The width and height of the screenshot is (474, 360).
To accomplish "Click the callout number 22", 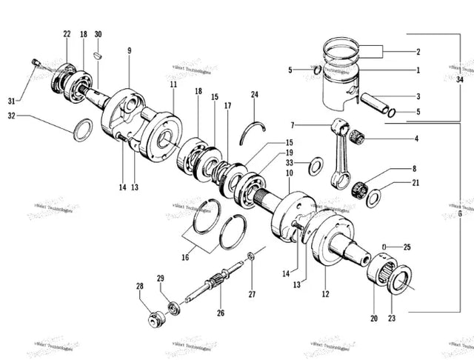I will point(67,35).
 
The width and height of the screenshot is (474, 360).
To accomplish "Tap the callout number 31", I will point(11,101).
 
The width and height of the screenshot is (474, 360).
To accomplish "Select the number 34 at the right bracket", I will point(461,79).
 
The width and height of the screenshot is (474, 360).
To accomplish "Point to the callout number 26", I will point(220,313).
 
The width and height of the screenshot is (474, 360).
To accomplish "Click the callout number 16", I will point(186,257).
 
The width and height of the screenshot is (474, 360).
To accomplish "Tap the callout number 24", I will point(255,95).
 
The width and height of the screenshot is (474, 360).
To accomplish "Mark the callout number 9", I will point(129,50).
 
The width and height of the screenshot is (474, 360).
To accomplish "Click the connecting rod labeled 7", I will point(341,152).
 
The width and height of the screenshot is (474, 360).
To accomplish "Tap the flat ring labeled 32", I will point(84,129).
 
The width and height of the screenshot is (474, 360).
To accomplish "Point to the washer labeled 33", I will point(314,164).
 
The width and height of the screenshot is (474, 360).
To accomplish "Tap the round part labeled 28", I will point(156,321).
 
